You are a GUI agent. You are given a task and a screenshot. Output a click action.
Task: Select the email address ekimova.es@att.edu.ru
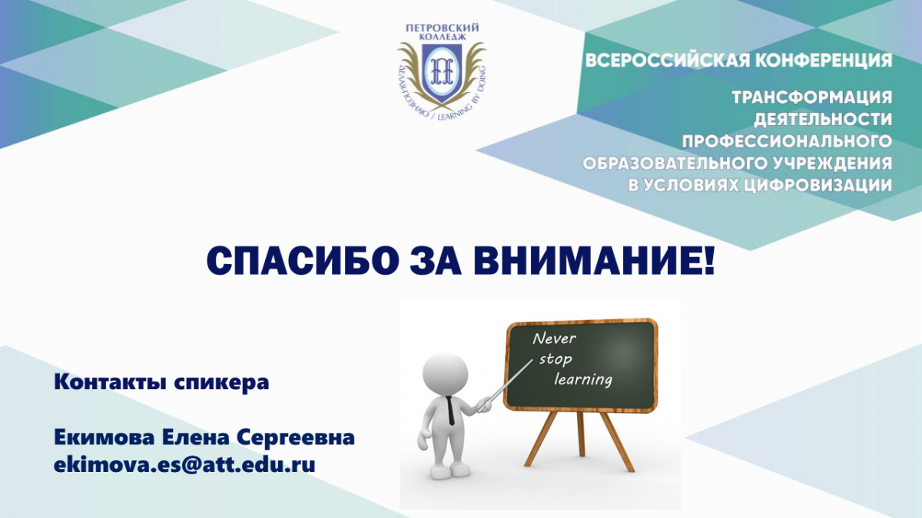coord(184,465)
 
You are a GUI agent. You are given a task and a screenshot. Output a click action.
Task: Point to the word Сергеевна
coord(295,438)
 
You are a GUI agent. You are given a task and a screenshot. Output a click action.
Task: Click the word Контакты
coord(110,382)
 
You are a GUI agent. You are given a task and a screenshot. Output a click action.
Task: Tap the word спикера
coord(221,383)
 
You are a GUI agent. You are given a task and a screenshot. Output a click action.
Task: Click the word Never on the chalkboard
coord(555,338)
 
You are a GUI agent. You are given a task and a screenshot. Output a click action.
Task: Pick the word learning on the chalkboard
coord(583,379)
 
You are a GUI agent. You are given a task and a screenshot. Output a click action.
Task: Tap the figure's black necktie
coord(451,411)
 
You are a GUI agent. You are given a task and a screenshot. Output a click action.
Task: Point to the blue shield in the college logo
coord(442,73)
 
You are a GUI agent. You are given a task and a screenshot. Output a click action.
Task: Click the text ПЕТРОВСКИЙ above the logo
coord(442,28)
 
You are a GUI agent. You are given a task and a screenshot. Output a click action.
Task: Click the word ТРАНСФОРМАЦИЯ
coord(811,97)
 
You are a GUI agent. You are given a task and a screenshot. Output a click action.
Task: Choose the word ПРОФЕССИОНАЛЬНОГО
coord(787,141)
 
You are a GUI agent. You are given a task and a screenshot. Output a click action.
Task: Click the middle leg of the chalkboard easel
coord(581,434)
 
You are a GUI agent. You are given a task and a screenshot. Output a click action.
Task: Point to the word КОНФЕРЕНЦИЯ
coord(824,61)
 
